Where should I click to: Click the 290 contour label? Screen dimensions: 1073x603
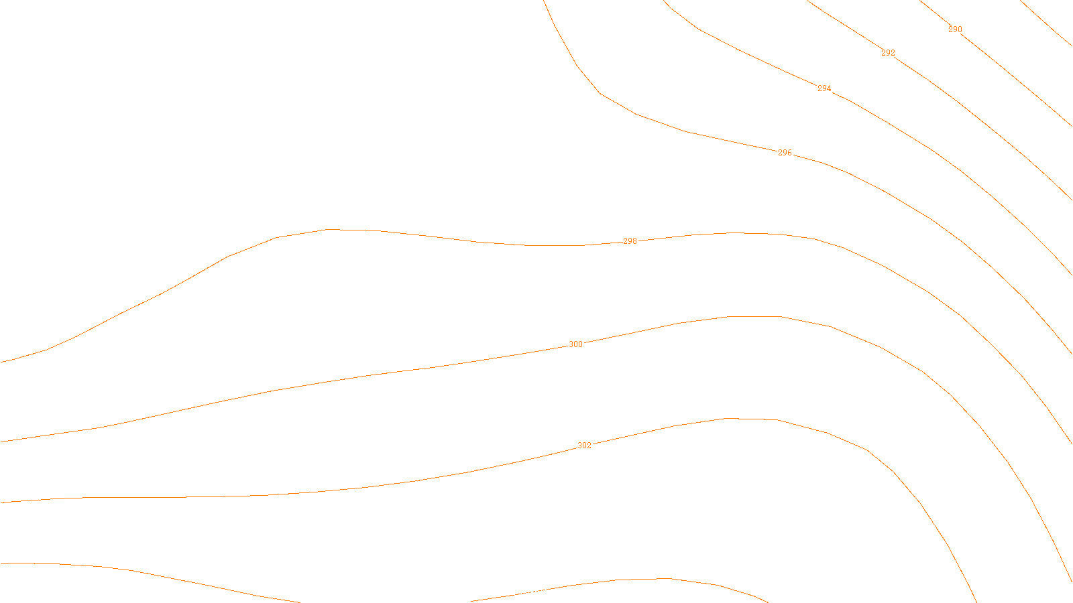click(955, 29)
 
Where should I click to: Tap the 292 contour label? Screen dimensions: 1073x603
click(888, 53)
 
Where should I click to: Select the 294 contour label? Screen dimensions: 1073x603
click(824, 88)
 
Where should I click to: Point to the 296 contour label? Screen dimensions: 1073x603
click(785, 153)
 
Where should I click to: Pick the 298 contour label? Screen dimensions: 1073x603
click(630, 241)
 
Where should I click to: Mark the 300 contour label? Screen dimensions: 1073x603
click(575, 344)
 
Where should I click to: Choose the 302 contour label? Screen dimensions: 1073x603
click(584, 446)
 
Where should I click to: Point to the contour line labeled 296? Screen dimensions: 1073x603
click(687, 131)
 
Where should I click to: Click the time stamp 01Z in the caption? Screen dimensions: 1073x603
click(508, 592)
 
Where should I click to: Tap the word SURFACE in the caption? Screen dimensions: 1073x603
click(536, 592)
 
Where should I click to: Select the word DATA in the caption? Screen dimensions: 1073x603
click(567, 592)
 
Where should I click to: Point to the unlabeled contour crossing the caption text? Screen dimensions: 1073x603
click(617, 580)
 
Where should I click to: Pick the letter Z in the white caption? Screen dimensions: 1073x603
click(513, 592)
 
